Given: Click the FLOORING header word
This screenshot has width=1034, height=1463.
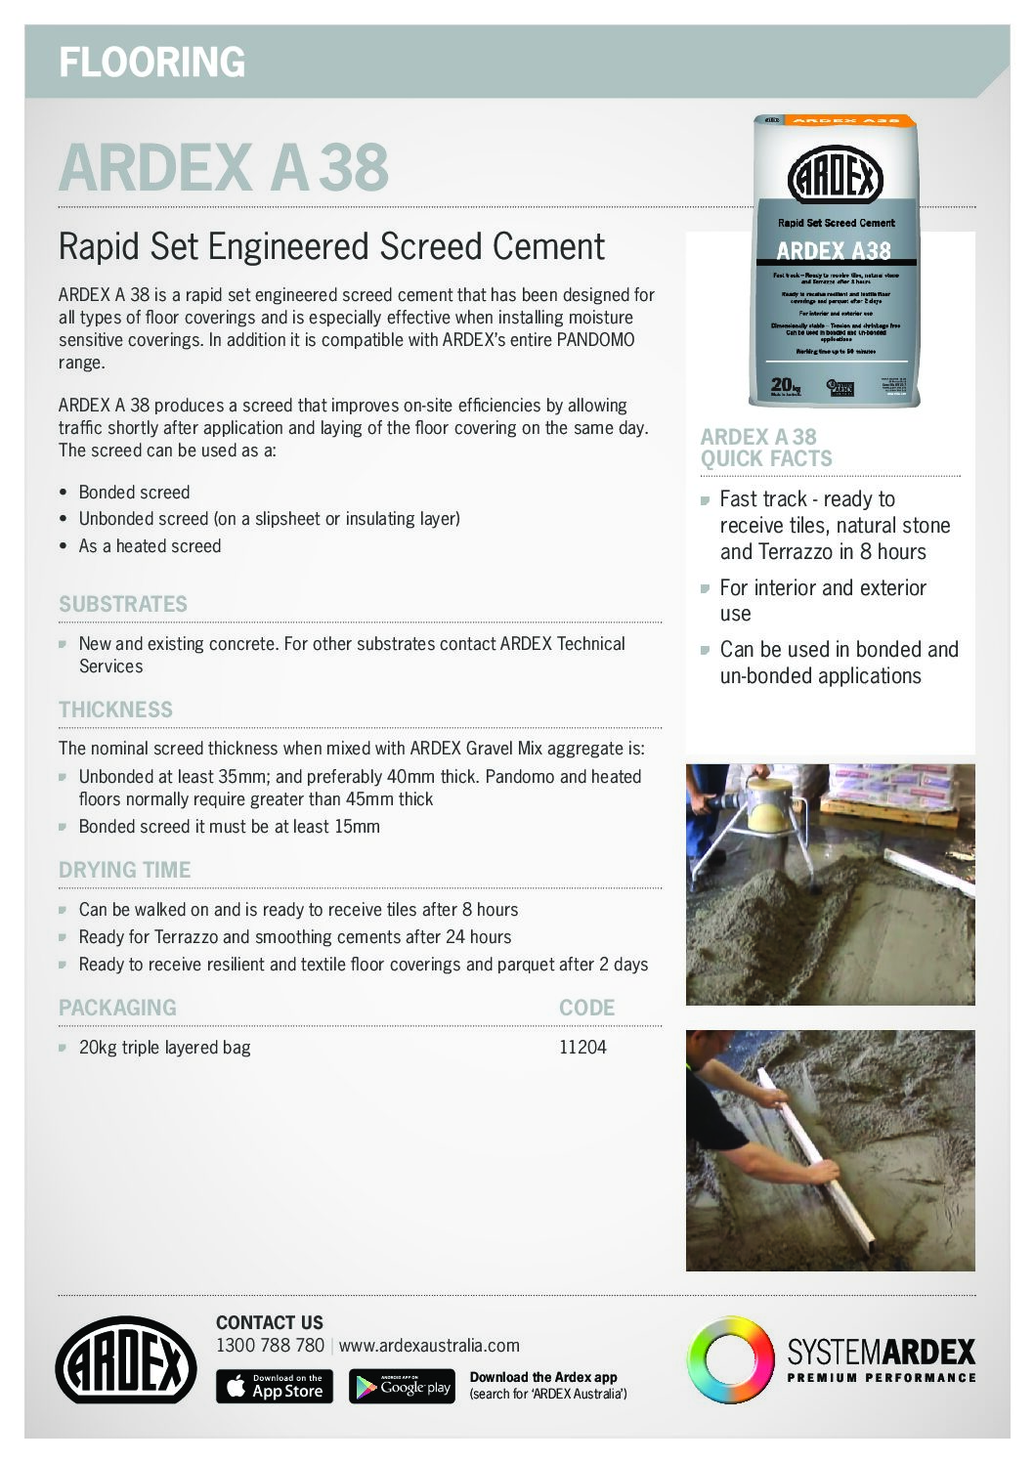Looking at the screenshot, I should tap(151, 63).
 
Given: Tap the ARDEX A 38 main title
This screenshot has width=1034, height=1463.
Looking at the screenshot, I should tap(224, 167).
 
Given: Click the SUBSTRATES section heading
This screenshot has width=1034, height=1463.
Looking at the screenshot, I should tap(122, 604).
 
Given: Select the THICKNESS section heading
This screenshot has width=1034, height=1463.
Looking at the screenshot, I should tap(115, 710).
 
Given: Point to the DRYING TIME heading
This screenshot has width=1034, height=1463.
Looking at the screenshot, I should tap(124, 870).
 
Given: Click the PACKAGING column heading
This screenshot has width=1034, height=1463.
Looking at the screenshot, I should tap(117, 1008).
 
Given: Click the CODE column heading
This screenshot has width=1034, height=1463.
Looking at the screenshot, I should tap(586, 1008).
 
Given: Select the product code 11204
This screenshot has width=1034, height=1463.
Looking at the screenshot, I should tap(582, 1048).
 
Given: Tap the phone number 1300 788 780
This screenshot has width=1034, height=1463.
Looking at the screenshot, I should tap(270, 1346).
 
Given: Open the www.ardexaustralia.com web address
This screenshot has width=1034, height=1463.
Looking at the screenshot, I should tap(429, 1346).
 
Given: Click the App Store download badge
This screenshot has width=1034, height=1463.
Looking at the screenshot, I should tap(274, 1386).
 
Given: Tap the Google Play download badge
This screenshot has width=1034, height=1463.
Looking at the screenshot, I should tap(402, 1386).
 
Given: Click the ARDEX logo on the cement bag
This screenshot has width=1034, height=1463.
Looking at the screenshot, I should tap(835, 178).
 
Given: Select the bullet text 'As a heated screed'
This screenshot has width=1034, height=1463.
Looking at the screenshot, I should tap(150, 546).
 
